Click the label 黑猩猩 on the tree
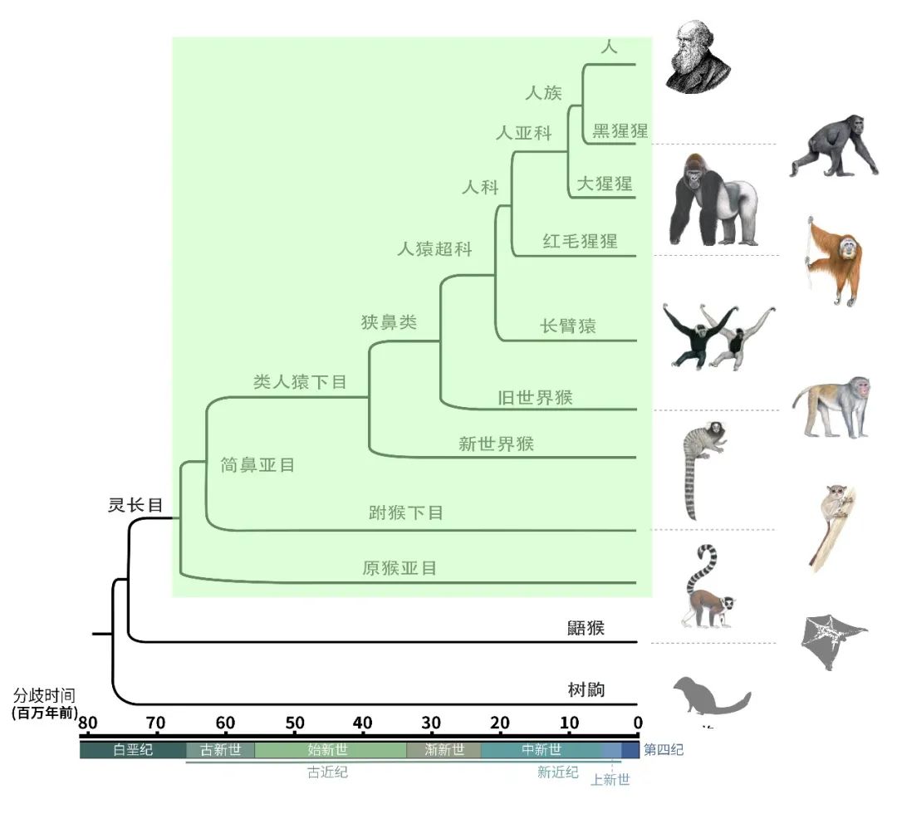(620, 130)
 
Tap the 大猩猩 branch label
(605, 184)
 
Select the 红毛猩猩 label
(580, 241)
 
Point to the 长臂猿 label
(568, 326)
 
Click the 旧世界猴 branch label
(535, 398)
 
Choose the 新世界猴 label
(496, 444)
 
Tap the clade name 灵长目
(135, 505)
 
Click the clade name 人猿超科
(434, 249)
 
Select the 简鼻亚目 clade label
(257, 465)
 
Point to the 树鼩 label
(586, 689)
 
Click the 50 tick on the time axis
(295, 723)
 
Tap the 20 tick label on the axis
(500, 723)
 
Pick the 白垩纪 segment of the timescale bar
(133, 750)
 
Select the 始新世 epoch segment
(330, 750)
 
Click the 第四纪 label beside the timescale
(664, 749)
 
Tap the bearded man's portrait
(698, 56)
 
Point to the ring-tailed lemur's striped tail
(702, 569)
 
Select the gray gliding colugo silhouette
(833, 641)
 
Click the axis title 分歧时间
(44, 695)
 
